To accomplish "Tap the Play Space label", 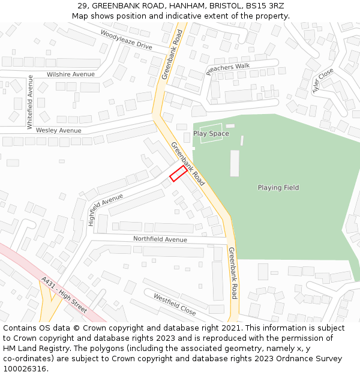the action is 211,133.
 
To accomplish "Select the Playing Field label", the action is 278,188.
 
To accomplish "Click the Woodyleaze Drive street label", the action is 126,39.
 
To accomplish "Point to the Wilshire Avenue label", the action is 71,74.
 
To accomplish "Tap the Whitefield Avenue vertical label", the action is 29,101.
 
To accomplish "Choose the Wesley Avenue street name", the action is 58,130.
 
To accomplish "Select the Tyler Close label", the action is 322,80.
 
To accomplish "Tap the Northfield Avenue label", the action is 160,239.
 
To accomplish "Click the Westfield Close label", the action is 175,305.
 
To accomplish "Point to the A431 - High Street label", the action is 64,295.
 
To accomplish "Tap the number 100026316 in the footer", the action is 24,368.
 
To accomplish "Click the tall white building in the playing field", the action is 235,163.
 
